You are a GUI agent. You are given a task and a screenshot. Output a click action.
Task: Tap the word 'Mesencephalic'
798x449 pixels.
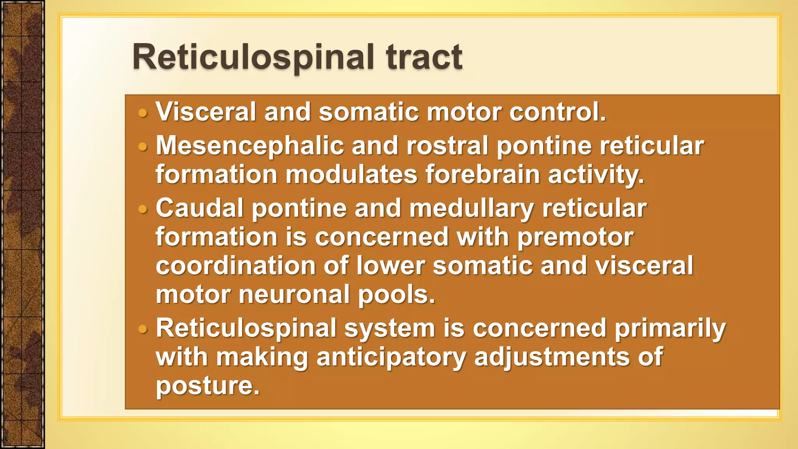click(x=250, y=146)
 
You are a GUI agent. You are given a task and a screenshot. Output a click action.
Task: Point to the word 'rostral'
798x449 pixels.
click(x=447, y=146)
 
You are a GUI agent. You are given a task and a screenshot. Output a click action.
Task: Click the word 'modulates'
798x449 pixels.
click(x=351, y=174)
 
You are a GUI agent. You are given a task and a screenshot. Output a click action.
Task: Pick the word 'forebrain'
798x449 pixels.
click(x=482, y=174)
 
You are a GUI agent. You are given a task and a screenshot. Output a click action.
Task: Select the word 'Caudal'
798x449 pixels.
click(x=199, y=208)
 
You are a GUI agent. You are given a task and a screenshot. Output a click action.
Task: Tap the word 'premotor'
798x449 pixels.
click(x=575, y=237)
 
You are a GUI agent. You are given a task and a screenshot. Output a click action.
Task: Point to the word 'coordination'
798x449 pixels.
click(x=236, y=266)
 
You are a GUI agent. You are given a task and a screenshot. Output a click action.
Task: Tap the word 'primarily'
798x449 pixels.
click(x=670, y=328)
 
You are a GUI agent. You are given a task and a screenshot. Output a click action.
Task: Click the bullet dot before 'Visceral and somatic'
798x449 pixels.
click(x=143, y=113)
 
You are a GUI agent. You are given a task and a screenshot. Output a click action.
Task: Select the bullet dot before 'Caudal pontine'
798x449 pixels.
click(x=143, y=210)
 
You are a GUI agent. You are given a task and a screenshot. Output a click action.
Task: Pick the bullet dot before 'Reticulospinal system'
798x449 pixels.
click(x=143, y=330)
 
